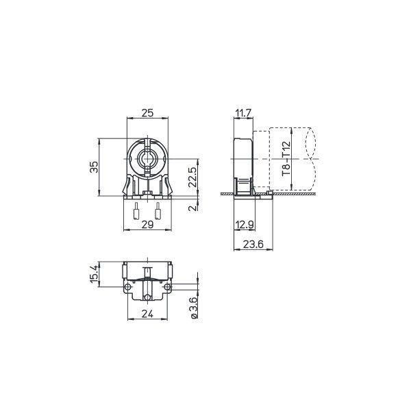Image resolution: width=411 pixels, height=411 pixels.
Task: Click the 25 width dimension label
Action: pyautogui.click(x=147, y=113)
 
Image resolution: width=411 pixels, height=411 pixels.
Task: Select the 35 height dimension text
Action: pyautogui.click(x=94, y=166)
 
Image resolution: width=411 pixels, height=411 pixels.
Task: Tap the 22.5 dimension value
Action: pyautogui.click(x=192, y=177)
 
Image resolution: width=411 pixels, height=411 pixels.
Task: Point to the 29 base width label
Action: pyautogui.click(x=147, y=225)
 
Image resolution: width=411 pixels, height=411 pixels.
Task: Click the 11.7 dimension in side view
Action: pyautogui.click(x=243, y=113)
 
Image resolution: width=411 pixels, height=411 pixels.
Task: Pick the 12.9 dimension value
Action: pyautogui.click(x=244, y=225)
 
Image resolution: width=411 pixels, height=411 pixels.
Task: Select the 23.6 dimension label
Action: pyautogui.click(x=253, y=245)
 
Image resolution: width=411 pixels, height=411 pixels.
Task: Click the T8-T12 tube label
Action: pyautogui.click(x=286, y=159)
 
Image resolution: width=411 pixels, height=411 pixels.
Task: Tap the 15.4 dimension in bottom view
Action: pyautogui.click(x=94, y=274)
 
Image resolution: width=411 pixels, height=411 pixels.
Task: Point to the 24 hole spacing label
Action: pyautogui.click(x=147, y=314)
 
